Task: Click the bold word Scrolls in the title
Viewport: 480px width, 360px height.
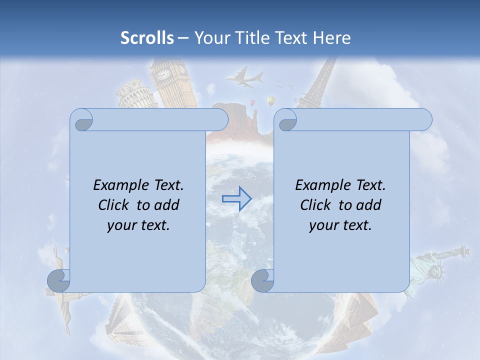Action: point(147,37)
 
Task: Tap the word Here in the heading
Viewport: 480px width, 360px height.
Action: point(331,37)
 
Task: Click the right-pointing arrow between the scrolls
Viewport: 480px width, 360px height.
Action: point(237,198)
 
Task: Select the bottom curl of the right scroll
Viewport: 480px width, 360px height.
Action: point(263,280)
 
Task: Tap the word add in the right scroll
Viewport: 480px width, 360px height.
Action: point(369,205)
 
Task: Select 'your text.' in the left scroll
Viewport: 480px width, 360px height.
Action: point(138,225)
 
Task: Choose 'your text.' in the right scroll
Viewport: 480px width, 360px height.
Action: point(340,225)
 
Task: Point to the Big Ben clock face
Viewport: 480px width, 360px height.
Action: point(163,74)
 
